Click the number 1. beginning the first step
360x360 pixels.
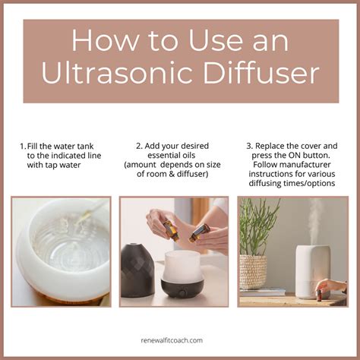tap(22, 145)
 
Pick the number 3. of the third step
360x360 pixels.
tap(248, 144)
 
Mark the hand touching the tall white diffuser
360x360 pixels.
tap(332, 286)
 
